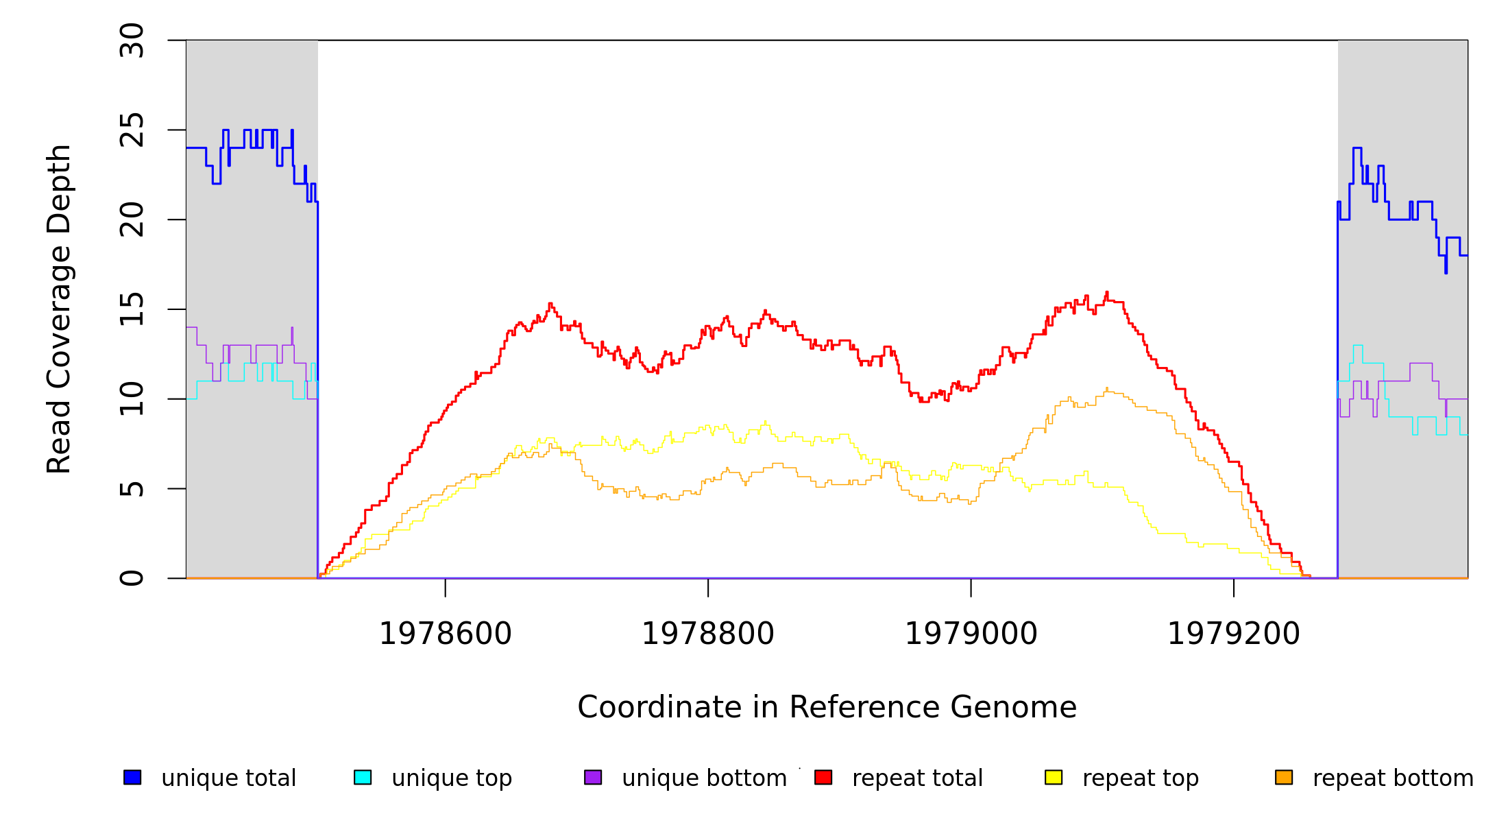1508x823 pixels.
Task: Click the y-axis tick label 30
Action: [x=132, y=40]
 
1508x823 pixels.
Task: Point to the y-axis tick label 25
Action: [x=132, y=130]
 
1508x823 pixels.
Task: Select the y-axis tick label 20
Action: [x=132, y=220]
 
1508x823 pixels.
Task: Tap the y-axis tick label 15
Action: [x=132, y=309]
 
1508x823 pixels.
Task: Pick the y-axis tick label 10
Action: [x=132, y=399]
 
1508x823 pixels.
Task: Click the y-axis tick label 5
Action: [x=132, y=489]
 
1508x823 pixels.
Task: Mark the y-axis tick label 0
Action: [x=132, y=578]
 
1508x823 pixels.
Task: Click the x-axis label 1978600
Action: [x=446, y=634]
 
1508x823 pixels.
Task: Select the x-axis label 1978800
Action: [x=708, y=634]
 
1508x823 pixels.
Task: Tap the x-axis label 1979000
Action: [x=971, y=634]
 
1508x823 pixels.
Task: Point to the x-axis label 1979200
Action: [x=1234, y=634]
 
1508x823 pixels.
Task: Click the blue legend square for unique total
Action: [x=132, y=777]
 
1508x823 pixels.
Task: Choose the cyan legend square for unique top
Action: [x=363, y=777]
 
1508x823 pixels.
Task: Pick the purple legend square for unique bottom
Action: [x=593, y=777]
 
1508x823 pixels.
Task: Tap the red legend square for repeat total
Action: [x=823, y=777]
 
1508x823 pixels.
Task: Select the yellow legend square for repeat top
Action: [x=1054, y=777]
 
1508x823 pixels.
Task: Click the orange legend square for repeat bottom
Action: [x=1284, y=777]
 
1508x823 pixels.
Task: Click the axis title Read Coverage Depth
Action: [x=59, y=309]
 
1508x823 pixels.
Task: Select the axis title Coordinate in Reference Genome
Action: [x=827, y=707]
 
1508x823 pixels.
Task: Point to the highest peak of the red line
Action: [x=1106, y=293]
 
